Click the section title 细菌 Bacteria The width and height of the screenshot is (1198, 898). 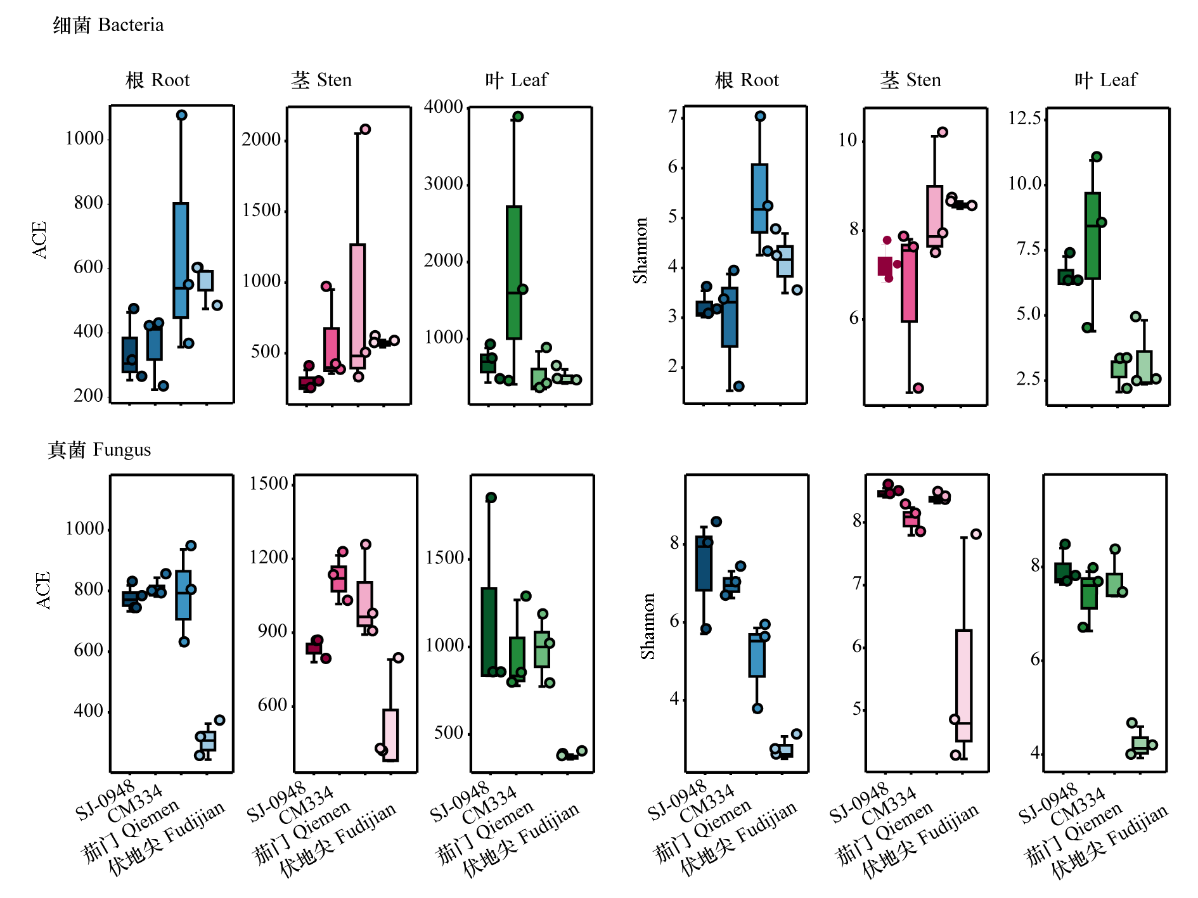point(108,25)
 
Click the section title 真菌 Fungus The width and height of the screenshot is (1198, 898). point(100,449)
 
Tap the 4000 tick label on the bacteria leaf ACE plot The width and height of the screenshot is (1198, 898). point(444,106)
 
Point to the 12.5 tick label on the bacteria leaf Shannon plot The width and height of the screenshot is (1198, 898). point(1025,118)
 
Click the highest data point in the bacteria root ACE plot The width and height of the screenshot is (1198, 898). point(181,115)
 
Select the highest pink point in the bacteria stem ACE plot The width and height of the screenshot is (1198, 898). point(365,129)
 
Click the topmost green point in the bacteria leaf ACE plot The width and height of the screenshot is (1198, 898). point(518,117)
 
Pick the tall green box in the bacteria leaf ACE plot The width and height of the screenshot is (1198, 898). point(514,273)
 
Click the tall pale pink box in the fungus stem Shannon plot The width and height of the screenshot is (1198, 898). point(964,685)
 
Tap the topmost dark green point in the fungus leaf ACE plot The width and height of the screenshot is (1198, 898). point(491,497)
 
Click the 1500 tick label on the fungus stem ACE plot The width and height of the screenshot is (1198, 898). point(269,484)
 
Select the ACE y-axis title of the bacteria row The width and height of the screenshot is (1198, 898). point(40,240)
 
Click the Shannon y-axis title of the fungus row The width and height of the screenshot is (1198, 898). point(647,626)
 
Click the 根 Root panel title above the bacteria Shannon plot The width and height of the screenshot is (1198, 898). point(747,80)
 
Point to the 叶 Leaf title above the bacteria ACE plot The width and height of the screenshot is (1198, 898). point(516,80)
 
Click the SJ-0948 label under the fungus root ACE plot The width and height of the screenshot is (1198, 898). point(105,800)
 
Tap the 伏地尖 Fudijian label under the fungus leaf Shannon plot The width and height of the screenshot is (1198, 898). point(1109,842)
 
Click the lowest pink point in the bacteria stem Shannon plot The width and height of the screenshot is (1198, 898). point(918,388)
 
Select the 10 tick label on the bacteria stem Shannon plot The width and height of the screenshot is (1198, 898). point(847,140)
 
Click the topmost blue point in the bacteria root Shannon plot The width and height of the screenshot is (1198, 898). point(761,116)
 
